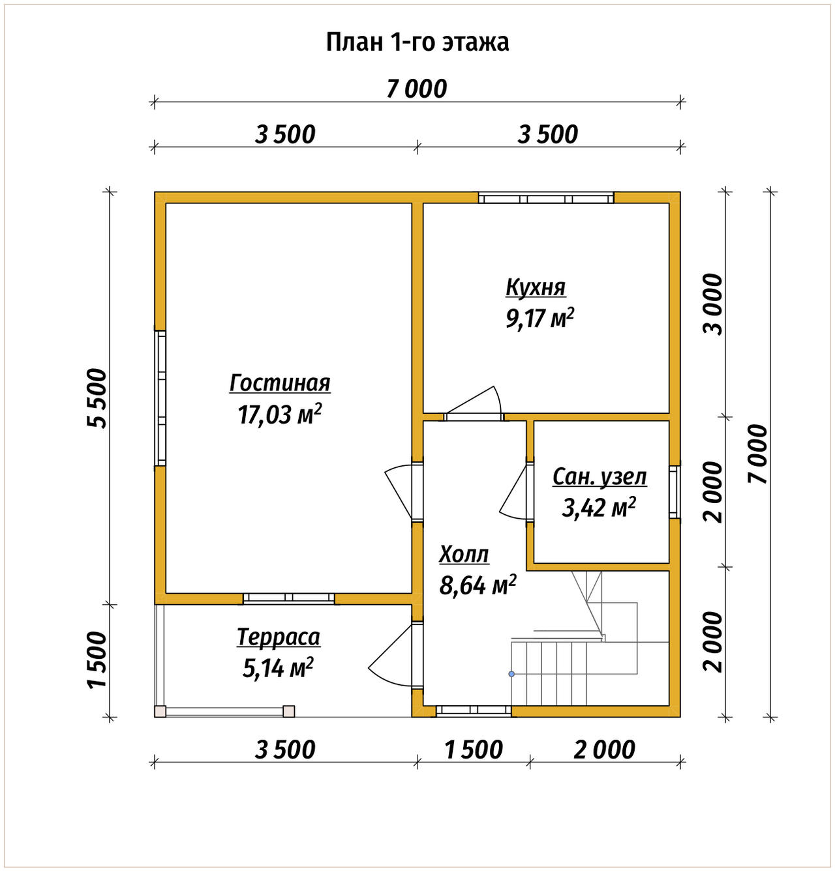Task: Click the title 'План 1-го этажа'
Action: click(x=417, y=43)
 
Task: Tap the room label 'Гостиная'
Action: click(x=280, y=384)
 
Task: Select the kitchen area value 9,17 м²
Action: click(x=540, y=319)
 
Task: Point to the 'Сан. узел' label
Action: click(x=600, y=477)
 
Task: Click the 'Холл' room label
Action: click(x=464, y=554)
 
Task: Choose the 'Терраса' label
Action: click(x=279, y=637)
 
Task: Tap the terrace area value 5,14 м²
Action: click(x=278, y=668)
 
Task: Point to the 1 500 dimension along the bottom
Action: click(x=473, y=750)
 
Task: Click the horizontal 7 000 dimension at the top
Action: click(x=417, y=89)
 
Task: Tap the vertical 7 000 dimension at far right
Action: click(x=758, y=454)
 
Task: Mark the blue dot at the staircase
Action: click(x=511, y=674)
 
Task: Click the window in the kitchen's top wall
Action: click(x=546, y=197)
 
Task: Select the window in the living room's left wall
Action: click(x=160, y=398)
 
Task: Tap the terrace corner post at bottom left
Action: click(x=160, y=712)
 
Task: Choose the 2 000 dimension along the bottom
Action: click(x=605, y=750)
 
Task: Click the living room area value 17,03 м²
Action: click(x=280, y=414)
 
